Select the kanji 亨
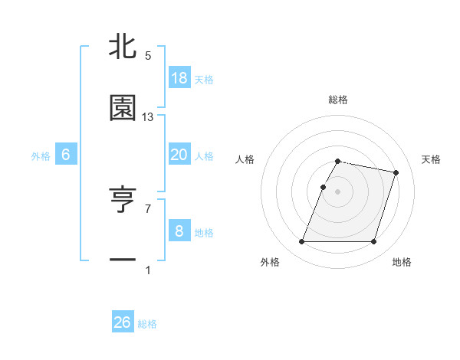(x=123, y=200)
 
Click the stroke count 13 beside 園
(x=148, y=117)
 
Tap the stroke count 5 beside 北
(x=148, y=56)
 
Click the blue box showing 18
(x=179, y=78)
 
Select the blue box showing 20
(x=179, y=155)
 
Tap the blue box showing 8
(x=179, y=231)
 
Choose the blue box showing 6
(x=66, y=155)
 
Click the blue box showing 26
(x=123, y=322)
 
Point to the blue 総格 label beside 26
(x=147, y=324)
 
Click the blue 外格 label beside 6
(x=41, y=156)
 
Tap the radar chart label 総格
(x=338, y=100)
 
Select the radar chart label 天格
(x=432, y=159)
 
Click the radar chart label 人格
(x=245, y=159)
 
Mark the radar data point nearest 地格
(x=373, y=242)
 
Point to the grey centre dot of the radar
(x=338, y=191)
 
